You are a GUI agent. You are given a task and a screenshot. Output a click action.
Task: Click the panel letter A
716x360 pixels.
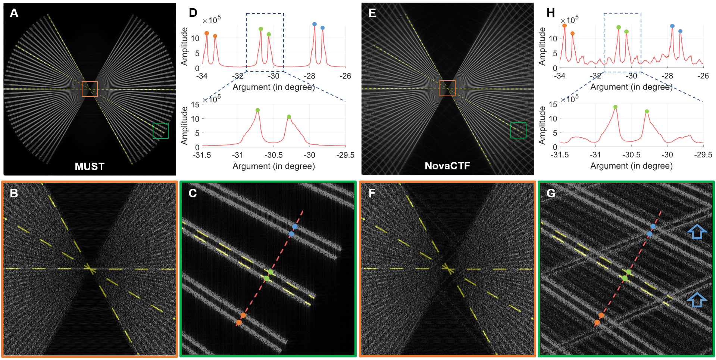(14, 13)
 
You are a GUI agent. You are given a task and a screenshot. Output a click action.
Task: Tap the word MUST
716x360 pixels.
(90, 166)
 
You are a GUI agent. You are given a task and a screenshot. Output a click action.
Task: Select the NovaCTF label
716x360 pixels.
(447, 166)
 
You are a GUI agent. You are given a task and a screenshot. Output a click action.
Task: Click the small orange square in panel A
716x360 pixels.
(90, 89)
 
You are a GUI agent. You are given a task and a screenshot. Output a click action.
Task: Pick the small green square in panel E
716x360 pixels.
(518, 131)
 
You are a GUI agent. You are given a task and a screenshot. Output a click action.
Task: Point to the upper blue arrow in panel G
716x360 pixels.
(697, 232)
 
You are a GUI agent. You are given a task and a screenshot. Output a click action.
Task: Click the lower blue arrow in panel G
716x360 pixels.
(697, 300)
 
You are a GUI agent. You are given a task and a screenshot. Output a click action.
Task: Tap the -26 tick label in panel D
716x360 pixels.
(345, 76)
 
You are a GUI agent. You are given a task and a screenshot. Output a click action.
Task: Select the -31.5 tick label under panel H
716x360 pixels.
(560, 155)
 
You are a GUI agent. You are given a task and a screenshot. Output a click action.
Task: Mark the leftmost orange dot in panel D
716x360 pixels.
(207, 33)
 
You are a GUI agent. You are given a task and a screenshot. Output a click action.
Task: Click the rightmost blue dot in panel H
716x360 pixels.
(680, 31)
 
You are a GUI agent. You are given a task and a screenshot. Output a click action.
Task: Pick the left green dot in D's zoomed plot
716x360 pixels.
(257, 110)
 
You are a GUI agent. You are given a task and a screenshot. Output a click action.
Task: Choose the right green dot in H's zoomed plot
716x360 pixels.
(647, 112)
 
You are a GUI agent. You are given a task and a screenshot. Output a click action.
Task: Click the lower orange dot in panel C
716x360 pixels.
(239, 322)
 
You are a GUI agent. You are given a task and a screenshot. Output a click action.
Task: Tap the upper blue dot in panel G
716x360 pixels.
(653, 226)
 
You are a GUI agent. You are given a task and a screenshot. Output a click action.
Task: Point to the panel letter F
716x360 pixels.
(372, 193)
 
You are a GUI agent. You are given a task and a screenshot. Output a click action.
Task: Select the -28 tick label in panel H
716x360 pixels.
(667, 76)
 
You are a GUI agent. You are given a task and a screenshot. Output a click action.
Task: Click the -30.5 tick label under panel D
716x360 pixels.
(273, 155)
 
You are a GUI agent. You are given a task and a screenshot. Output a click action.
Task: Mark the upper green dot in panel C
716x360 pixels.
(271, 272)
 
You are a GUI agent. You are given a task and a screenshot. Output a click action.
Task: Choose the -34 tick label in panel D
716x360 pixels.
(202, 76)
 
